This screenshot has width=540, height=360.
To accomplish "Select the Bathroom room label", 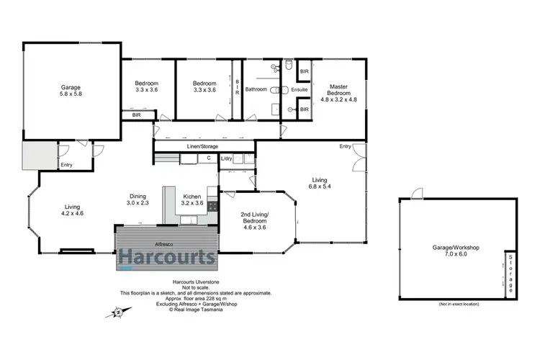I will click(x=256, y=89).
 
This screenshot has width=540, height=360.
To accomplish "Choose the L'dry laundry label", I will click(x=226, y=158).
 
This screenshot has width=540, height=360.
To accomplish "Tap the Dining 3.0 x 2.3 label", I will click(x=139, y=199).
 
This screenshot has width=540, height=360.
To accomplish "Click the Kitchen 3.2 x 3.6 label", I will click(x=191, y=199).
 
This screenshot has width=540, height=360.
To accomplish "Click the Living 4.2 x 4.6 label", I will click(x=73, y=209).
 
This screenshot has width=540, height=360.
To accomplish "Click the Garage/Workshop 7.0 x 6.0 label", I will click(x=456, y=251).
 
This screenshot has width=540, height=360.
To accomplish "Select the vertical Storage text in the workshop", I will click(x=510, y=273).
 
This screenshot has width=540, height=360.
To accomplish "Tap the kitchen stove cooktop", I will click(x=212, y=205).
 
